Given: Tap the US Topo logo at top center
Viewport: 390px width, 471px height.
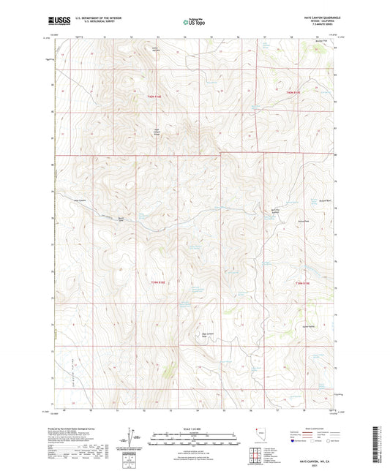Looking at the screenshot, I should point(193,23).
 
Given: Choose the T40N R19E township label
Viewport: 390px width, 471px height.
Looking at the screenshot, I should point(293,93).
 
